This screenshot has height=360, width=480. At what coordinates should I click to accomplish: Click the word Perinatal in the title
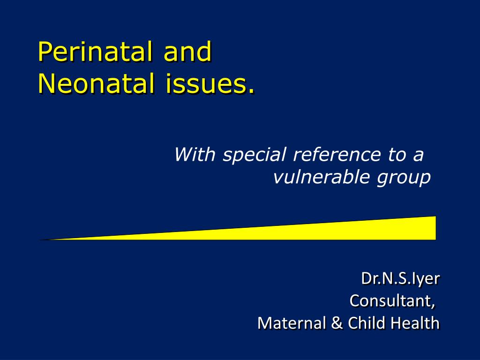click(97, 52)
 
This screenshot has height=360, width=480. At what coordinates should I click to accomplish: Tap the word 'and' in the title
click(187, 52)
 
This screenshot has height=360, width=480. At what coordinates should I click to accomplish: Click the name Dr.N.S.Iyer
click(400, 278)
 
